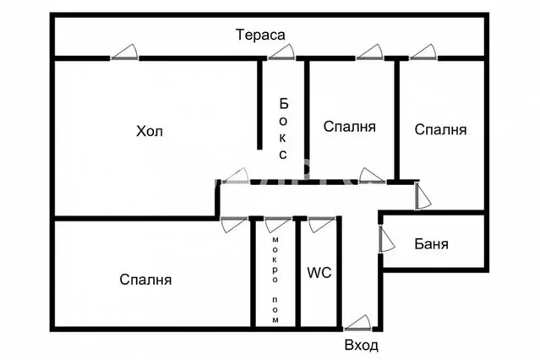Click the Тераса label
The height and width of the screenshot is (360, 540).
tap(260, 35)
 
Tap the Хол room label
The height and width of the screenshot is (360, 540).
tap(150, 131)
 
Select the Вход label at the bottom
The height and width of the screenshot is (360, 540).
tap(361, 345)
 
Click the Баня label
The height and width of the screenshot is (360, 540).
tap(431, 244)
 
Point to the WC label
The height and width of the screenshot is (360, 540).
tap(319, 272)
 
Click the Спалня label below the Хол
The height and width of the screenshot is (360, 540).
tap(145, 280)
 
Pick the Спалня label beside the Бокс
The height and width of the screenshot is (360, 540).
tap(350, 127)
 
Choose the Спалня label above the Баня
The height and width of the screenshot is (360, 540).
tap(440, 129)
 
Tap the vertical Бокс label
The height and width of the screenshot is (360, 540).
tap(283, 128)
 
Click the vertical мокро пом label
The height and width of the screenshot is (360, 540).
tap(275, 280)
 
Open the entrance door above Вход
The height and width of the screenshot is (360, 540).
tap(357, 323)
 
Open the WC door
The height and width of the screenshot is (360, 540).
tap(322, 225)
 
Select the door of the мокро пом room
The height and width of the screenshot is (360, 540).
tap(278, 225)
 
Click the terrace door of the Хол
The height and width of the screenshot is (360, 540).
tap(124, 52)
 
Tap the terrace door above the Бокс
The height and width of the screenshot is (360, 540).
tap(281, 52)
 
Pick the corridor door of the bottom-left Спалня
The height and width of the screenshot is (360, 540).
tap(234, 225)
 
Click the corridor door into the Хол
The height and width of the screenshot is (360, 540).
tap(235, 176)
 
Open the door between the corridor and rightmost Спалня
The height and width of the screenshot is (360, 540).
tap(423, 195)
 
